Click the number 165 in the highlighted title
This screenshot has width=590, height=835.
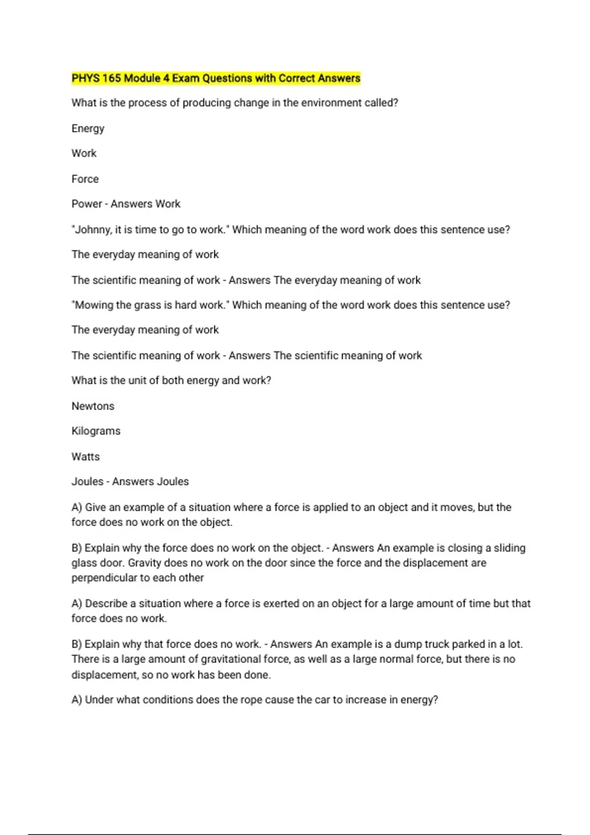(x=112, y=78)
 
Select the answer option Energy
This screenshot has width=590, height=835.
(x=88, y=129)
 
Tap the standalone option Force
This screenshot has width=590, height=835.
(x=85, y=179)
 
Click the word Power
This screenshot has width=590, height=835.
(x=87, y=204)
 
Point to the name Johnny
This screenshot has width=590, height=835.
(x=93, y=230)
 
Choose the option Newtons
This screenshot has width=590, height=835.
(x=93, y=406)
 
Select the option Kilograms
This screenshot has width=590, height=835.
(x=96, y=431)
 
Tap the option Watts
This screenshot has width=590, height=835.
(x=86, y=457)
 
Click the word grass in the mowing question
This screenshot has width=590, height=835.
(x=147, y=305)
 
